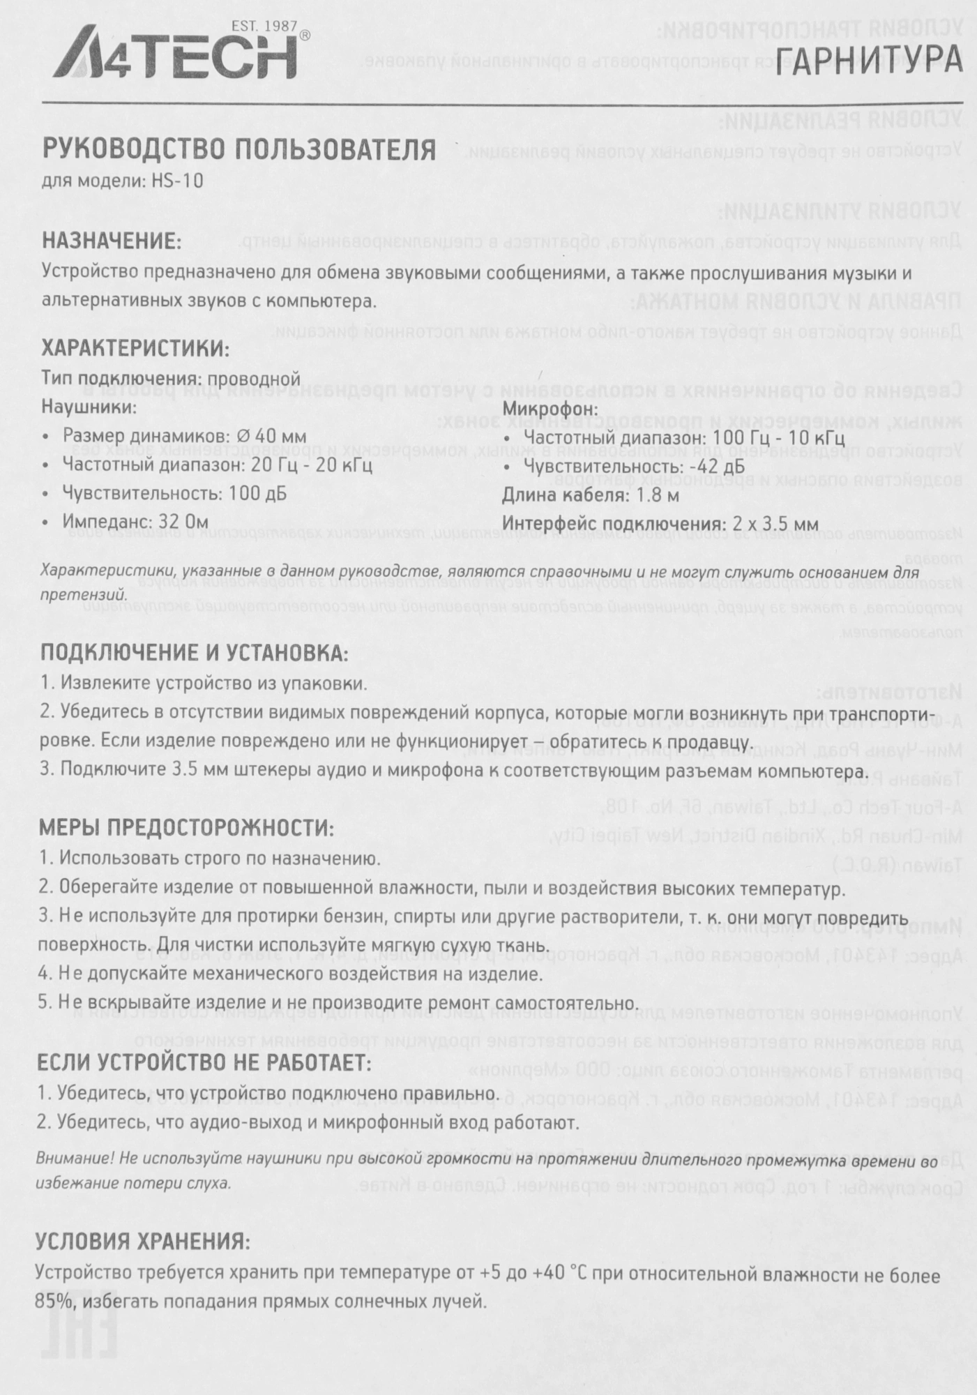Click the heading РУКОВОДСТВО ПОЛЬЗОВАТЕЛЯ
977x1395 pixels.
(239, 149)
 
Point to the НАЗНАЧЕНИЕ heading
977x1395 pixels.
(112, 241)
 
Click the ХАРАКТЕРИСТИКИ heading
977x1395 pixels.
(135, 348)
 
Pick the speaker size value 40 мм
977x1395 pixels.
(278, 436)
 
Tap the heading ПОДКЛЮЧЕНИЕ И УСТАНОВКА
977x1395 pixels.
(193, 653)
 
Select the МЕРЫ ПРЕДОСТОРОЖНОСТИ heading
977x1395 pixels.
(186, 828)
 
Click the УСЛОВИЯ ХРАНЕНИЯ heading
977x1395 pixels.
(142, 1242)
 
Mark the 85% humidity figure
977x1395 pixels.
(53, 1302)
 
